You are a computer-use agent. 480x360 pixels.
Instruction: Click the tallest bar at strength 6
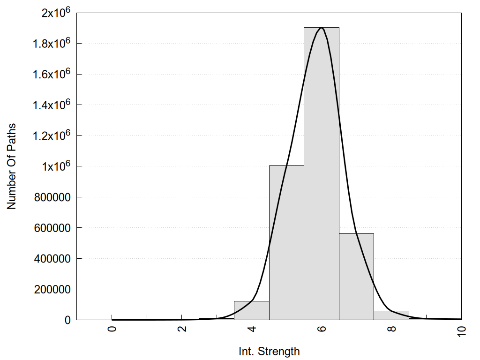pos(322,173)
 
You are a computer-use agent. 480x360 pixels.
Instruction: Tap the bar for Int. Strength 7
pos(356,277)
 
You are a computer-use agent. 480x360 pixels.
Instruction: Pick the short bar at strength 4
pos(251,310)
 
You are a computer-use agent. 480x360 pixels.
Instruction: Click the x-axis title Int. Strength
pos(269,351)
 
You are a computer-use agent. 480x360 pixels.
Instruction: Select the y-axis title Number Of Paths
pos(11,166)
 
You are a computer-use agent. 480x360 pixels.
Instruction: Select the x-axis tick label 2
pos(182,328)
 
